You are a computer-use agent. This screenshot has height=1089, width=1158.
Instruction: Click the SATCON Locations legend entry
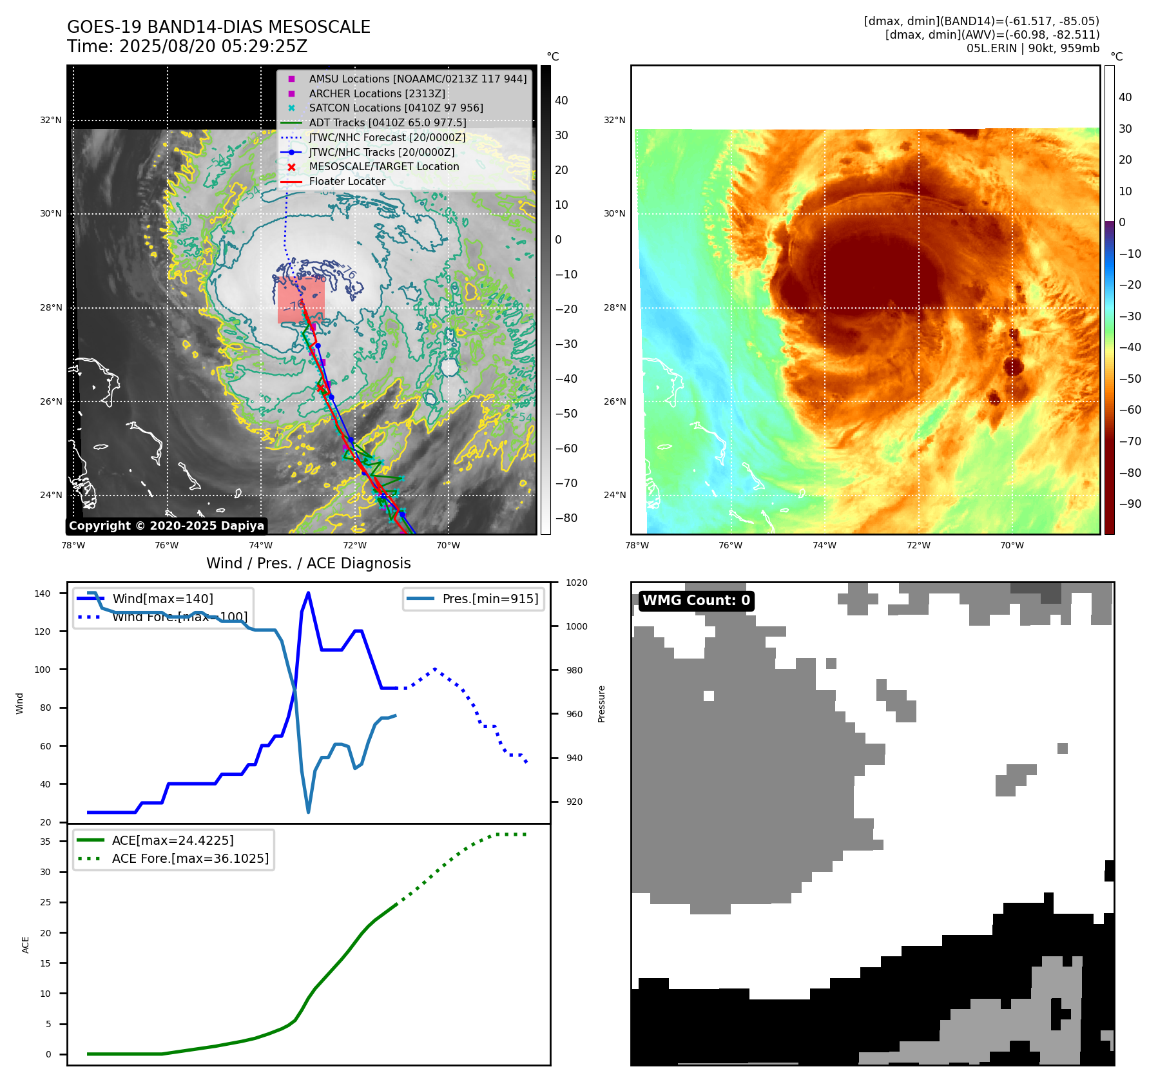(x=396, y=108)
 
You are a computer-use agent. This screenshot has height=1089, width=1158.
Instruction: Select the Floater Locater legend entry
(x=347, y=181)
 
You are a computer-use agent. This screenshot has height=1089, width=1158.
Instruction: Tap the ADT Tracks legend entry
(x=387, y=122)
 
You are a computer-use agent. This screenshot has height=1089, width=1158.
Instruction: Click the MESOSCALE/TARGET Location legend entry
(x=383, y=166)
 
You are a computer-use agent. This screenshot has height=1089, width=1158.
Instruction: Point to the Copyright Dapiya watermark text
(x=166, y=526)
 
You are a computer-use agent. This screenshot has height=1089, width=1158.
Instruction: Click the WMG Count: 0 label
(x=696, y=601)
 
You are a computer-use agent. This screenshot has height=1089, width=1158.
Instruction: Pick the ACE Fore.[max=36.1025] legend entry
(x=190, y=858)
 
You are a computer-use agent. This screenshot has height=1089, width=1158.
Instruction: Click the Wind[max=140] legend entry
(x=162, y=599)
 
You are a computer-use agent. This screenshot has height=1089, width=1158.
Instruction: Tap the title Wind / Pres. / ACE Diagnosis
(x=308, y=563)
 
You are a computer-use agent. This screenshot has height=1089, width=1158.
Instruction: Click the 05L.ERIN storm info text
(x=1032, y=48)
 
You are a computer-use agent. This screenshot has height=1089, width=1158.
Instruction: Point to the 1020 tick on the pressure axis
(x=576, y=583)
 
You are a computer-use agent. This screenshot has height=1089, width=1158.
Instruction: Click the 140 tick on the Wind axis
(x=43, y=593)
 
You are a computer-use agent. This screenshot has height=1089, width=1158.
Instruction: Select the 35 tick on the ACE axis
(x=45, y=842)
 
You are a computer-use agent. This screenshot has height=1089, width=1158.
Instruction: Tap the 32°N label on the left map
(x=51, y=120)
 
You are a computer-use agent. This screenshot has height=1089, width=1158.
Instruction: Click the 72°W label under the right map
(x=918, y=545)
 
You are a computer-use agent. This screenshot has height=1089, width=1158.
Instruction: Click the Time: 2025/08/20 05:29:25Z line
(x=187, y=46)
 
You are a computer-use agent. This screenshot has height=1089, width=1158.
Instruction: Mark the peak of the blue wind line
(x=308, y=593)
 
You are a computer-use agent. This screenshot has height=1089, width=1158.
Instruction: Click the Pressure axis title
(x=601, y=704)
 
